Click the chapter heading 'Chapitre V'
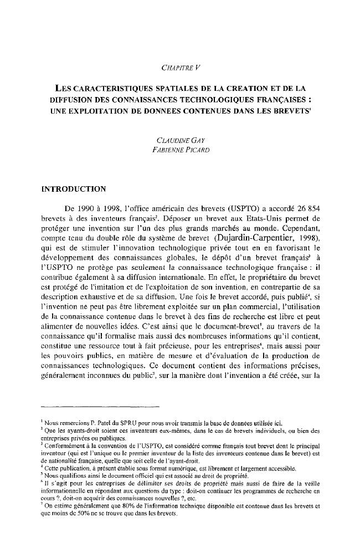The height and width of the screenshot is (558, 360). (179, 69)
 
